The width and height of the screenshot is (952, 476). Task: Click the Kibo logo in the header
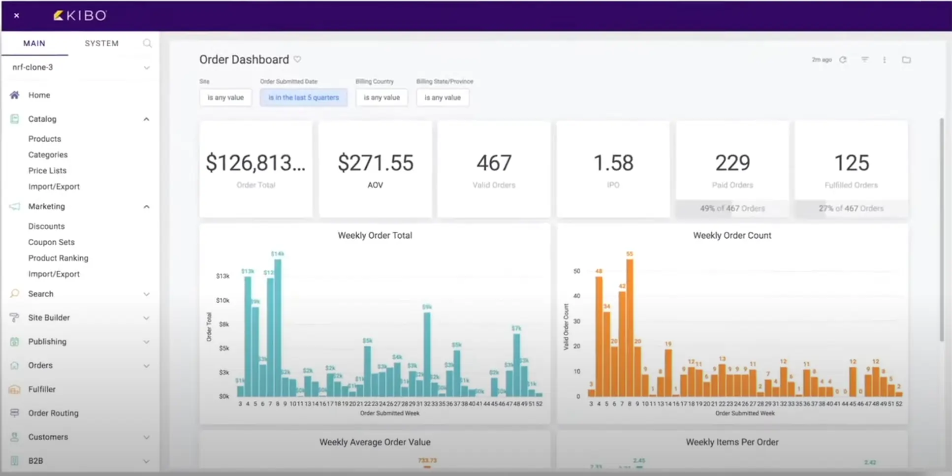80,16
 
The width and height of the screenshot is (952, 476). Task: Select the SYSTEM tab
101,43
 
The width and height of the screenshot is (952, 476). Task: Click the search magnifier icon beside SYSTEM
147,43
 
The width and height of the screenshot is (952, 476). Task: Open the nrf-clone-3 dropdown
146,67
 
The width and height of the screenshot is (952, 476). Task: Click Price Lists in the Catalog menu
47,170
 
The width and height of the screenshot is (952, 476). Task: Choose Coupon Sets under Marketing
51,242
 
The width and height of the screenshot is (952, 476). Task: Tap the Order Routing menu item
53,413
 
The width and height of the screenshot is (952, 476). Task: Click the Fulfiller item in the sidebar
42,389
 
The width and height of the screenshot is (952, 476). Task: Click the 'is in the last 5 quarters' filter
303,97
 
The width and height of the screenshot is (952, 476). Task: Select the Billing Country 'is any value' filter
381,97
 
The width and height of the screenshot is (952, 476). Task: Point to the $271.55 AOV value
375,163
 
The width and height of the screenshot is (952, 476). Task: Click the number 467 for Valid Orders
494,163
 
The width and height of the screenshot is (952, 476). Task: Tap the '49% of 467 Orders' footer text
732,208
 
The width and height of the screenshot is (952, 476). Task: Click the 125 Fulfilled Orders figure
851,163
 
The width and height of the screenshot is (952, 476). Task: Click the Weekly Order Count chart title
731,235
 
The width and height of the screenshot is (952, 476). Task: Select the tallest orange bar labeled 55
630,325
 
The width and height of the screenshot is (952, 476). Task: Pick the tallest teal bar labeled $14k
278,325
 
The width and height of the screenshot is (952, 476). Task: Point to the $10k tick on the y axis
222,300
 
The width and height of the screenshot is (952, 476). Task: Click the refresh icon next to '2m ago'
843,60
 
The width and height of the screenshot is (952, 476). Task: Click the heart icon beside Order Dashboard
297,59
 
